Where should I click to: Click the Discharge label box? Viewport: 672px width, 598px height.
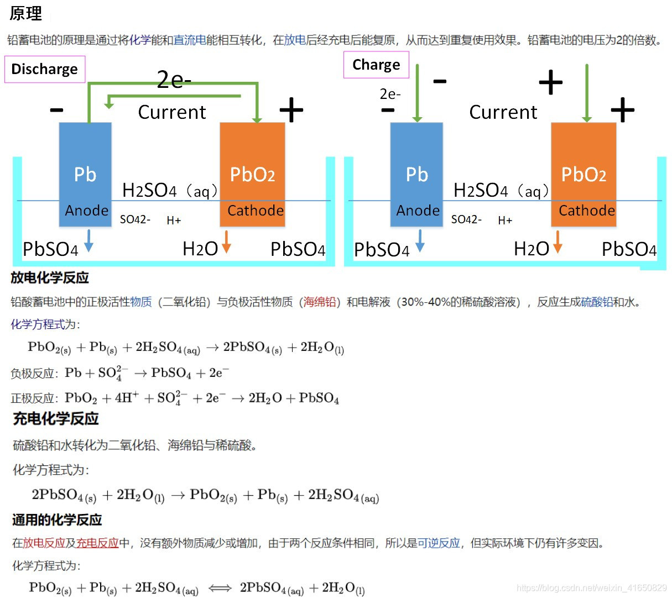coord(45,69)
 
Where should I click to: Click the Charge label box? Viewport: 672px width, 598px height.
coord(376,65)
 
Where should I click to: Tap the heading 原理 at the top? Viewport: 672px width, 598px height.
coord(26,13)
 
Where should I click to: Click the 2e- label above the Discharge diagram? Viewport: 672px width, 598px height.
coord(174,80)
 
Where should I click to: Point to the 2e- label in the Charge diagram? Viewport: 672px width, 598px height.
coord(390,94)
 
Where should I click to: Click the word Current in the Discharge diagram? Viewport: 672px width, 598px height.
coord(171,112)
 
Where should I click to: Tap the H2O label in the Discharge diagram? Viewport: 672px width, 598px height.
coord(200,249)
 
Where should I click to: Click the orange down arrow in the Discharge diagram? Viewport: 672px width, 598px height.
coord(226,242)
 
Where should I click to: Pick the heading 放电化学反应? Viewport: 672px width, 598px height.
coord(50,277)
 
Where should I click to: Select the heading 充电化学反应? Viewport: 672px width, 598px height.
coord(55,418)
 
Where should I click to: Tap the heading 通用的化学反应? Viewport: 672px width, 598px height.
coord(57,520)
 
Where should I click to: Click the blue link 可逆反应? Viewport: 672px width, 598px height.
coord(439,543)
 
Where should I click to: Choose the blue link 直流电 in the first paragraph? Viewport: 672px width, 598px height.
coord(190,40)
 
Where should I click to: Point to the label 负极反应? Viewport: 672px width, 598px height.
coord(33,374)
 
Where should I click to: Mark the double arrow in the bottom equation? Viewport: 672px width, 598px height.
coord(220,588)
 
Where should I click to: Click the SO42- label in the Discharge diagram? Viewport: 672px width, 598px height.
coord(135,219)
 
